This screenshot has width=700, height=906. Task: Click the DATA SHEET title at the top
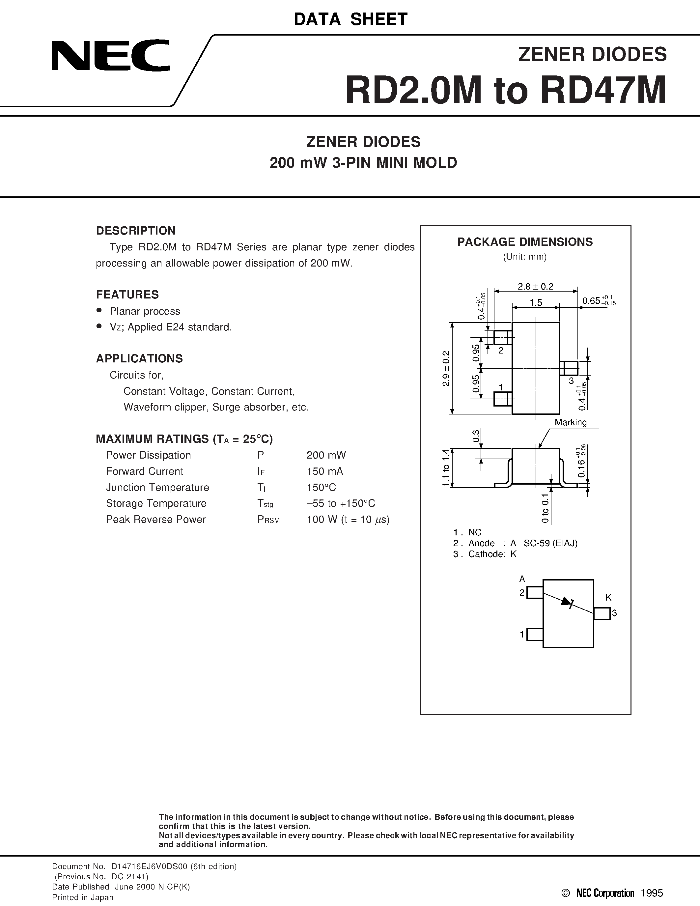350,19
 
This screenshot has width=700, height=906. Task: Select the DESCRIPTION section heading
136,231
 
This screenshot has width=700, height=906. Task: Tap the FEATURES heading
127,295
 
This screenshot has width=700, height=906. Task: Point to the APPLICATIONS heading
139,358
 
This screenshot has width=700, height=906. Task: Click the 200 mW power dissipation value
326,455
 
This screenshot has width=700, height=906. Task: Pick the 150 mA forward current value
325,471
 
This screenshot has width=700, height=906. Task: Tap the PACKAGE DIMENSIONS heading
525,242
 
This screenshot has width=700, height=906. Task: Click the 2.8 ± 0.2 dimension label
535,286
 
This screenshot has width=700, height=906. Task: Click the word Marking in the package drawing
571,422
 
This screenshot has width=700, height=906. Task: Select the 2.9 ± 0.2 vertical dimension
446,368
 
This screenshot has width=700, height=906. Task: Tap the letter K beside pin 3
608,597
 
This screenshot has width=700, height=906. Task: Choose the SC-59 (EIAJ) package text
550,543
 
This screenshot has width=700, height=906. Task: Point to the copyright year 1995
652,893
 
